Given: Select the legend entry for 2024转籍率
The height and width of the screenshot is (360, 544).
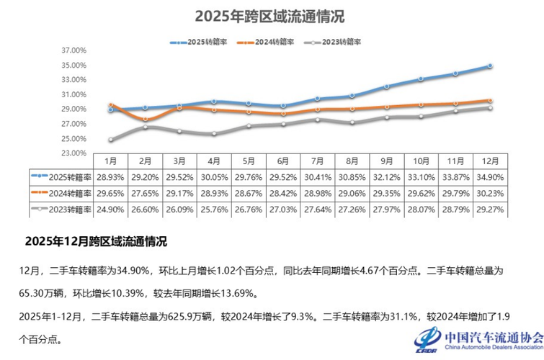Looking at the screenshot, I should point(272,42).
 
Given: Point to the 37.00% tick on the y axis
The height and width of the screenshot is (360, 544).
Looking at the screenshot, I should point(74,50).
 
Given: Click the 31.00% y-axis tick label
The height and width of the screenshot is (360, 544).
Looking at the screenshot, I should point(74,94).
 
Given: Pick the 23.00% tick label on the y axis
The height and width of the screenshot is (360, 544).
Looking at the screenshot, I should point(74,153).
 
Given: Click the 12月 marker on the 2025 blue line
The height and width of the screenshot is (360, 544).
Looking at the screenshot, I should point(489,66).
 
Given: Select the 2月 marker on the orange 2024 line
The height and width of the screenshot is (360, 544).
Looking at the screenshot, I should point(145,119).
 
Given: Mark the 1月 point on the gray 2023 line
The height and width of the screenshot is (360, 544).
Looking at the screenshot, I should point(110,140).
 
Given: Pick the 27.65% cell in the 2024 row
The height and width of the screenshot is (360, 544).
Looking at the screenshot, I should point(145,193).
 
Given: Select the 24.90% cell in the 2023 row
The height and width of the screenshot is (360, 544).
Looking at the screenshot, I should point(110,209).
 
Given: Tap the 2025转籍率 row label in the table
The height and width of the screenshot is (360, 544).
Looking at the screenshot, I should point(63,176).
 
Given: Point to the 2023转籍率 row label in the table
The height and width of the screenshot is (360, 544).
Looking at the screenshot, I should point(63,209).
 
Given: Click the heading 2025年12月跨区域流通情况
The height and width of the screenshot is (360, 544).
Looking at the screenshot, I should point(97,240).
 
